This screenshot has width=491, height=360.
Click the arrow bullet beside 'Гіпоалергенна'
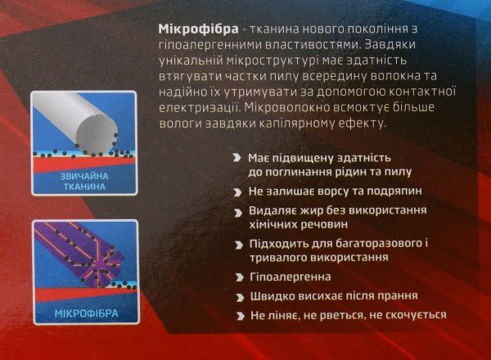pyautogui.click(x=237, y=277)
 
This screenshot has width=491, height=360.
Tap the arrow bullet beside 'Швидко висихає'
pyautogui.click(x=237, y=295)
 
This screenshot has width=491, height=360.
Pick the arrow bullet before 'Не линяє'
pyautogui.click(x=237, y=315)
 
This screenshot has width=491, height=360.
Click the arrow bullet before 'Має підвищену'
pyautogui.click(x=237, y=157)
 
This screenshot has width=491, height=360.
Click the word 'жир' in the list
pyautogui.click(x=313, y=210)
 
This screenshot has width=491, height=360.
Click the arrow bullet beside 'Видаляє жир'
pyautogui.click(x=237, y=210)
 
